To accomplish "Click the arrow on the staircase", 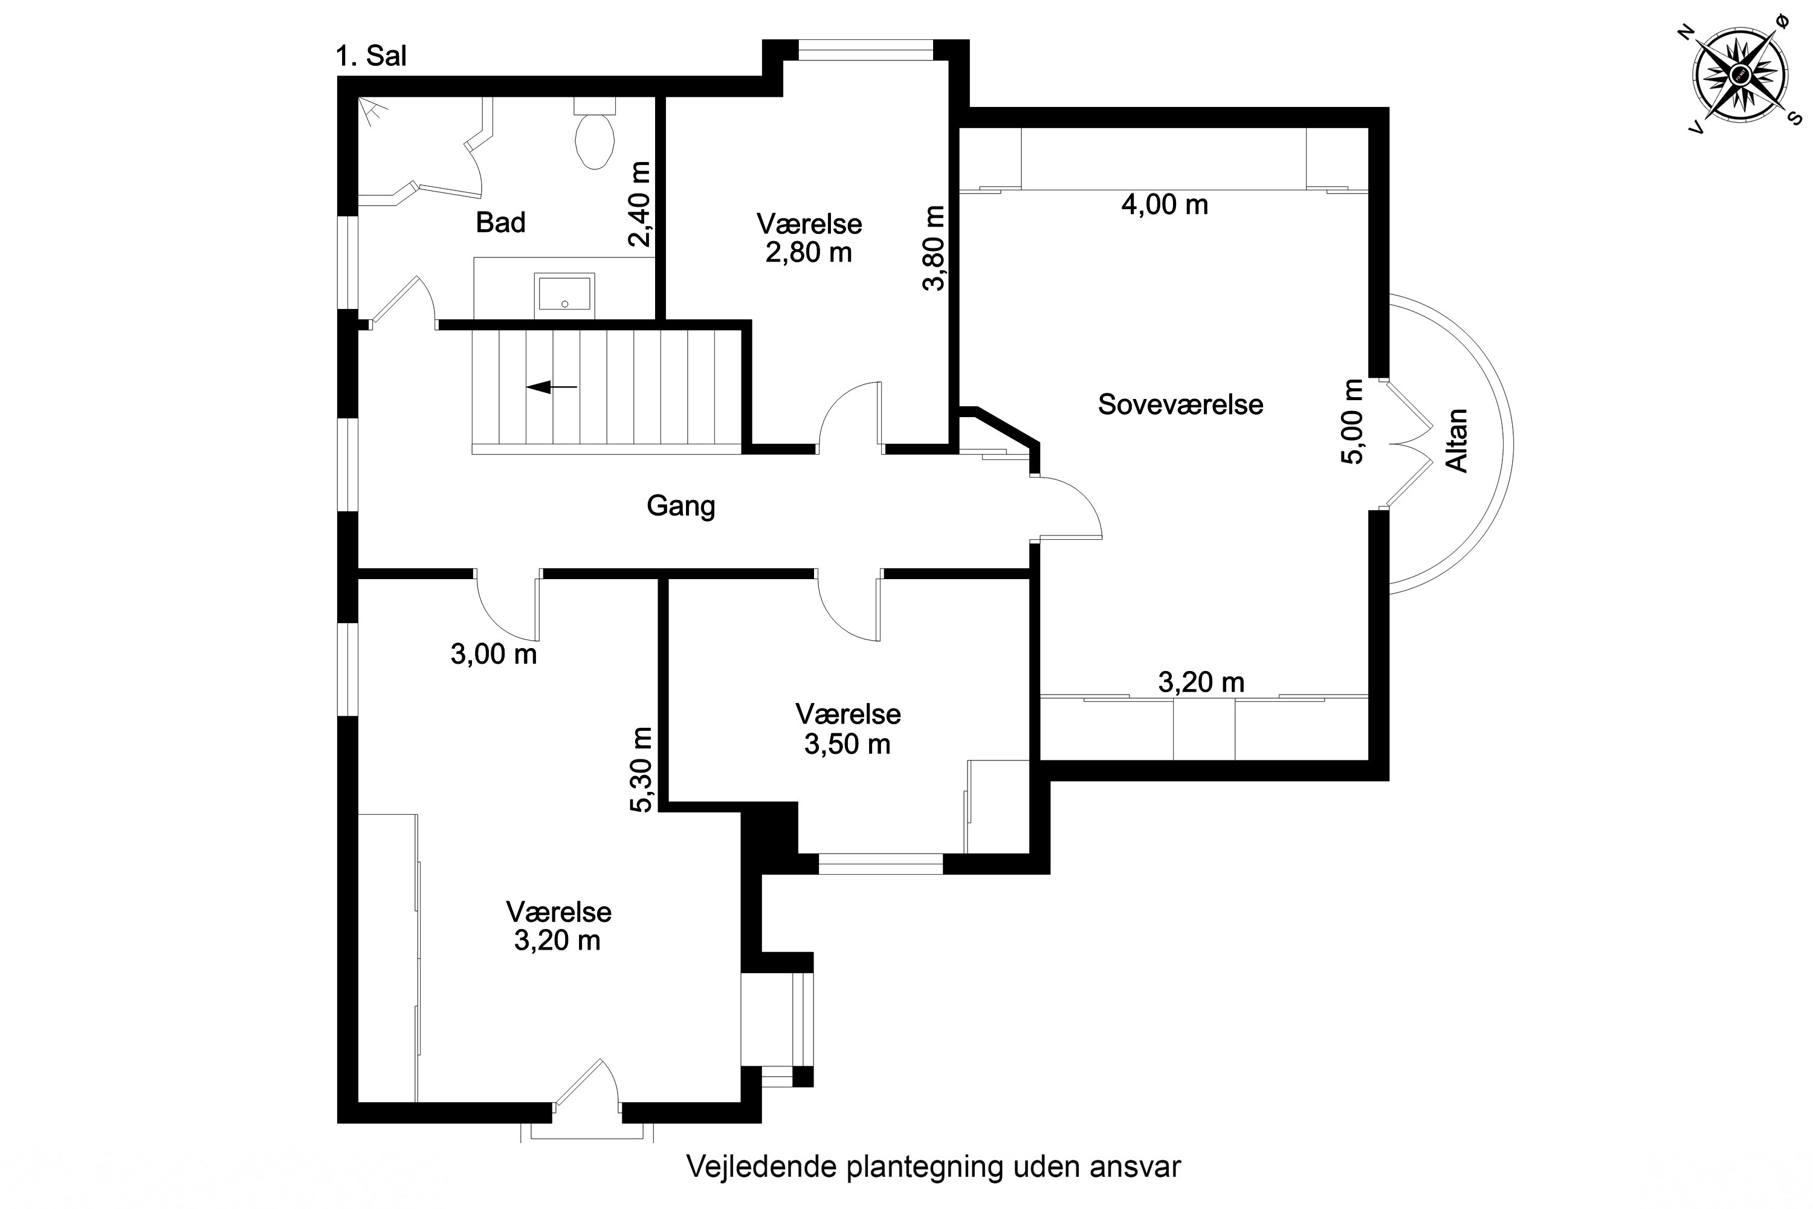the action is (551, 386).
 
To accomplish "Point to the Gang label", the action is (680, 507).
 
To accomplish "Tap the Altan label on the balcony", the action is (1456, 440).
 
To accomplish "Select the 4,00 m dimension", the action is (1164, 204).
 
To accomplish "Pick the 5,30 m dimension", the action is (641, 770).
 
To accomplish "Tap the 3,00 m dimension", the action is (493, 655).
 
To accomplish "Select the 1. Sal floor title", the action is (372, 56).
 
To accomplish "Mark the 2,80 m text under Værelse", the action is (809, 252).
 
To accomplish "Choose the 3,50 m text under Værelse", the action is (847, 744).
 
